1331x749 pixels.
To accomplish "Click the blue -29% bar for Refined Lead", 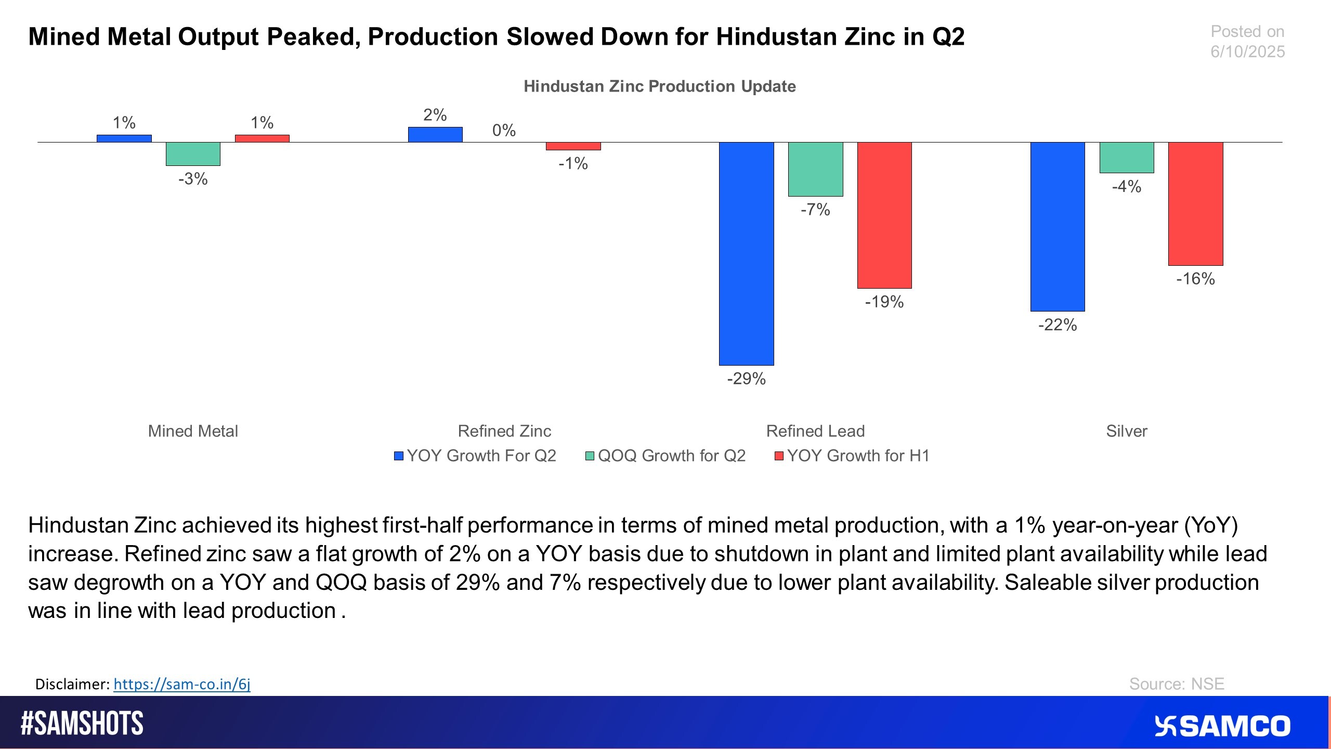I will click(x=746, y=253).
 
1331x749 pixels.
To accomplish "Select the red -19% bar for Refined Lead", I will click(x=884, y=215).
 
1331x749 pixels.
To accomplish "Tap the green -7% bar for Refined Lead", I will click(x=815, y=169).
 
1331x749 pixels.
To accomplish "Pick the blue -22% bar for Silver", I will click(x=1058, y=226).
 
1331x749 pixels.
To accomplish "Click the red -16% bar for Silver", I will click(x=1195, y=203).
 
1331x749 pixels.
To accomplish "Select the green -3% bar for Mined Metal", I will click(x=193, y=154).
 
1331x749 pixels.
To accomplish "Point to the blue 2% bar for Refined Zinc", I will click(x=435, y=135).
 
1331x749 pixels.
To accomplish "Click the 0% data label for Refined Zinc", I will click(x=504, y=130).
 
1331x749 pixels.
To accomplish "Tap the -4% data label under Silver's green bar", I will click(x=1126, y=186).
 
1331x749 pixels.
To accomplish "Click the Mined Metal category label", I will click(x=193, y=431).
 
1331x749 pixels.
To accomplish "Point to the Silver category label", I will click(x=1126, y=431).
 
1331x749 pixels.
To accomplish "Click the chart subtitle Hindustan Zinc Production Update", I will click(x=659, y=86).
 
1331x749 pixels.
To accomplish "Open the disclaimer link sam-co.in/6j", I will click(x=182, y=684).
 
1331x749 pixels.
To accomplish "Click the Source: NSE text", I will click(x=1176, y=684).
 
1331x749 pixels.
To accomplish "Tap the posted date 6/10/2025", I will click(x=1247, y=51).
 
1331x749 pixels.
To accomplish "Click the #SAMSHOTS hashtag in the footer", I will click(x=82, y=724).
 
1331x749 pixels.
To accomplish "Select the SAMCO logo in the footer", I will click(x=1222, y=726).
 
